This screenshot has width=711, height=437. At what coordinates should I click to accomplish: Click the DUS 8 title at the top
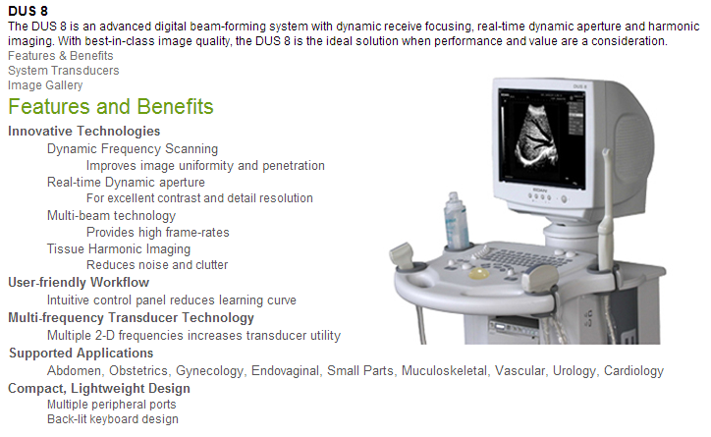[x=27, y=11]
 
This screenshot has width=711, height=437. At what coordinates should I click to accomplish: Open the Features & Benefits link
[x=60, y=56]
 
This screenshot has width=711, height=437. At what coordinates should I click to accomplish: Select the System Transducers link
[x=64, y=71]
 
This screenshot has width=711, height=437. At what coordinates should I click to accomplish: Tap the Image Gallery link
[x=45, y=85]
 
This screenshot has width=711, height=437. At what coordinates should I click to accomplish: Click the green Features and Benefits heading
[x=111, y=106]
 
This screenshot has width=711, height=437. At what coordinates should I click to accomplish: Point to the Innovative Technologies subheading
[x=83, y=131]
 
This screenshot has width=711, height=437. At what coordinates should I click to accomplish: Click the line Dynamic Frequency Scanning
[x=133, y=149]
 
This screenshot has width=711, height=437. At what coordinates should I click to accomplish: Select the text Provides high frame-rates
[x=158, y=232]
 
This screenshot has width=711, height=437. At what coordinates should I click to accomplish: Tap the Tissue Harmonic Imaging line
[x=119, y=248]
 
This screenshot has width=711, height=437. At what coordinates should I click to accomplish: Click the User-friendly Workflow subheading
[x=79, y=283]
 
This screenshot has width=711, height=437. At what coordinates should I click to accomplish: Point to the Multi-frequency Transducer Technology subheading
[x=131, y=318]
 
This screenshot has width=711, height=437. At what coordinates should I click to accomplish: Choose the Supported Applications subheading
[x=82, y=354]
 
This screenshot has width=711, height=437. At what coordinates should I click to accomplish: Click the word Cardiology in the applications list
[x=633, y=371]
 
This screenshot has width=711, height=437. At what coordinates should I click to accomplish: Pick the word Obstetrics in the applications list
[x=138, y=371]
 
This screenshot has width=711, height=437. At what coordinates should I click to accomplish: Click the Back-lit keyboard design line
[x=113, y=419]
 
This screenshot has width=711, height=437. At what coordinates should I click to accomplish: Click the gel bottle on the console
[x=457, y=221]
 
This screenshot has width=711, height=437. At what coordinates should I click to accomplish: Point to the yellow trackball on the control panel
[x=479, y=273]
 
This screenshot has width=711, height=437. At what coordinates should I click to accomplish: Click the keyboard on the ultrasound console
[x=521, y=258]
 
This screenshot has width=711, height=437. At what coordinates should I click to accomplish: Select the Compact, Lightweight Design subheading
[x=99, y=389]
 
